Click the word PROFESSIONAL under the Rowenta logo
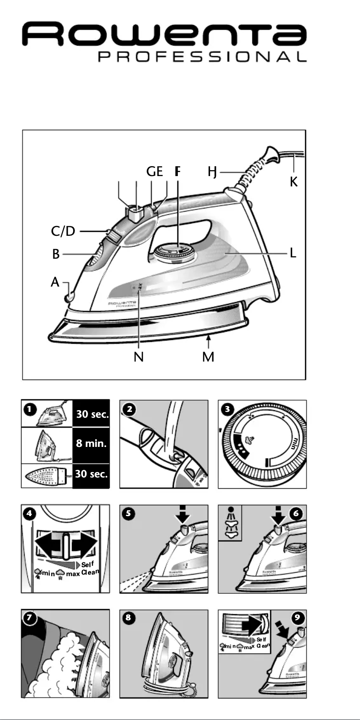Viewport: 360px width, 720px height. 202,57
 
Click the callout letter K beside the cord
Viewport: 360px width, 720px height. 294,181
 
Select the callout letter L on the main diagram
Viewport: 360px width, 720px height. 293,253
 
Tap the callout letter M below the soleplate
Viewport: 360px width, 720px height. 208,357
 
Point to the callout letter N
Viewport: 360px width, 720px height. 139,357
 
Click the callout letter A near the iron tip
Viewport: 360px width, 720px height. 55,283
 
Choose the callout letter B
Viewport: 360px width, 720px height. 56,254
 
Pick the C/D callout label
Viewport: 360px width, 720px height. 63,231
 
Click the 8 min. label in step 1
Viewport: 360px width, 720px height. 91,443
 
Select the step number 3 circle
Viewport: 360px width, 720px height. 227,409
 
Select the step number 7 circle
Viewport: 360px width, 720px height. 30,618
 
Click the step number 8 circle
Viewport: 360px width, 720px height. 129,618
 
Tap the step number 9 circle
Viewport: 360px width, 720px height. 297,618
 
